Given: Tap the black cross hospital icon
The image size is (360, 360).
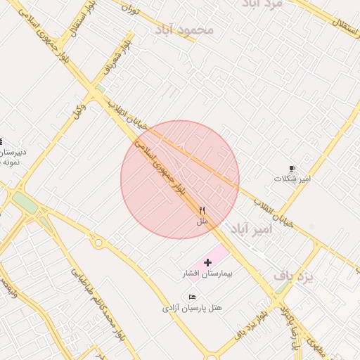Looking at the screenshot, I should point(207,262).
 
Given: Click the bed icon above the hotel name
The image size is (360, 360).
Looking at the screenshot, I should point(193,297).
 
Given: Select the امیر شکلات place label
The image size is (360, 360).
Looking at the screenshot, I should point(292,179).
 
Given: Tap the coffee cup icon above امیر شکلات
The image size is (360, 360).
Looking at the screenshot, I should point(292,169).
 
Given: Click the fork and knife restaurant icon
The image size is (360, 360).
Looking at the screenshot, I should point(202,210).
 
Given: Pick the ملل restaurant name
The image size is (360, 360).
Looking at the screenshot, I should point(202,221).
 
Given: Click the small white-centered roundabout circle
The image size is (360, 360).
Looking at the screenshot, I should point(98,243).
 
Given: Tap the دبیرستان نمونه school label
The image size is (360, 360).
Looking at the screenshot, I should point(13,156).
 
